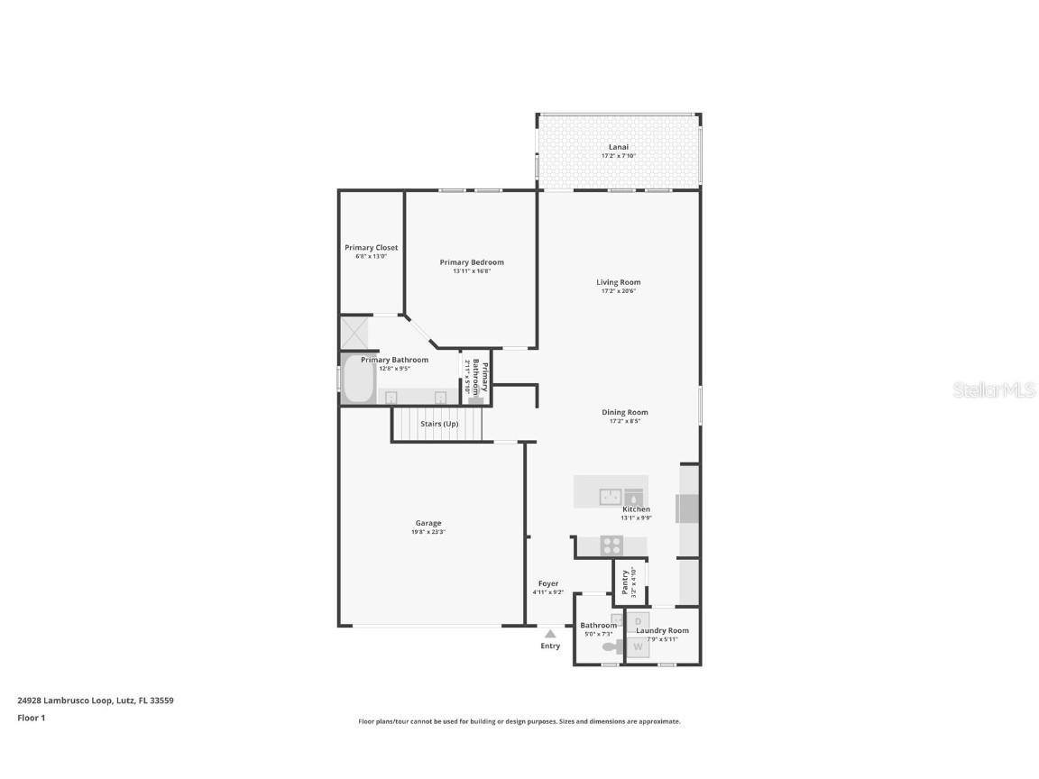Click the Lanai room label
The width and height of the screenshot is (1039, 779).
coord(618,147)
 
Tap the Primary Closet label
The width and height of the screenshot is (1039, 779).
coord(371,248)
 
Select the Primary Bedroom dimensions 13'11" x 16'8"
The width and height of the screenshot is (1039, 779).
coord(472,271)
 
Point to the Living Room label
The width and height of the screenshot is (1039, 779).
coord(618,282)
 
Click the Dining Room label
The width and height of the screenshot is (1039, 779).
coord(625,412)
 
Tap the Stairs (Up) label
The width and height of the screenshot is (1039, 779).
coord(439,423)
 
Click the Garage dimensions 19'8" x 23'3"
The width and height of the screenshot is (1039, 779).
coord(428,532)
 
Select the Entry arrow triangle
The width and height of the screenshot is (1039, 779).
coord(550,634)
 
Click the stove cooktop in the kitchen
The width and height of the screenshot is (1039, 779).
coord(611,545)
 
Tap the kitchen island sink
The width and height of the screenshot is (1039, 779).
coord(611,497)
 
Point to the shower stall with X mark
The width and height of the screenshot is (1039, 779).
coord(353,332)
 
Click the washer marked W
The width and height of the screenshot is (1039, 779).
coord(639,646)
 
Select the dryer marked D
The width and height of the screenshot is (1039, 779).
coord(638,621)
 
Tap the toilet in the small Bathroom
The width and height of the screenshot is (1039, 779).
coord(612,646)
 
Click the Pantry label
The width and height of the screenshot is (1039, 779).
coord(624,582)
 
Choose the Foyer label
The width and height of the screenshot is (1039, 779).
coord(547,583)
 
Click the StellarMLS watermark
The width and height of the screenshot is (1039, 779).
coord(997,390)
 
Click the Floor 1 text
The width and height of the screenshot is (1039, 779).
coord(31,718)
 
